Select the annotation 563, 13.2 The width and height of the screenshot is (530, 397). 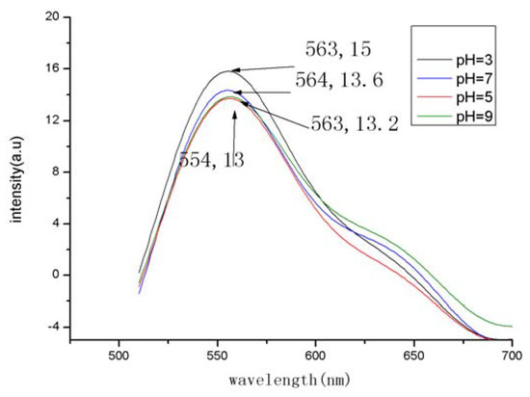click(354, 122)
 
